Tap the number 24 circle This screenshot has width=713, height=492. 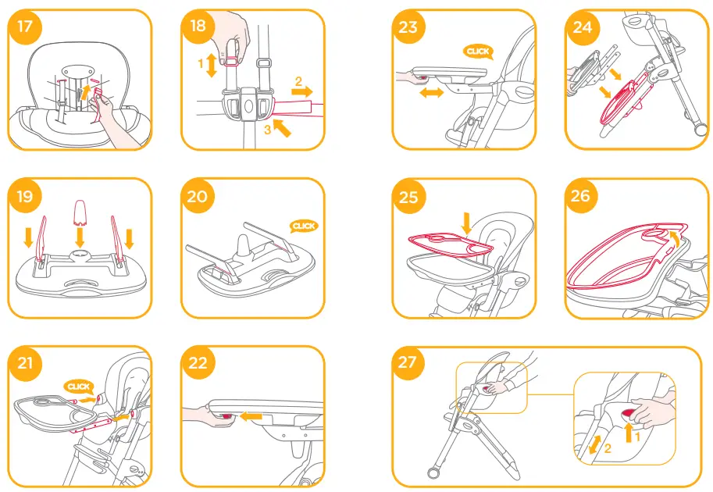pos(583,27)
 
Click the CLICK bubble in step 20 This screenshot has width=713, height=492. pos(303,226)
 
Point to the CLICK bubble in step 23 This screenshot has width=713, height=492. pos(477,52)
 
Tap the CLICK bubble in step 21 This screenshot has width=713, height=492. pos(79,387)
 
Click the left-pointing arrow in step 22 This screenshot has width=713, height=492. pos(251,417)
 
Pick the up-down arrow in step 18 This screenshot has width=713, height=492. pos(209,66)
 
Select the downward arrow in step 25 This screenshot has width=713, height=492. pos(466,226)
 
